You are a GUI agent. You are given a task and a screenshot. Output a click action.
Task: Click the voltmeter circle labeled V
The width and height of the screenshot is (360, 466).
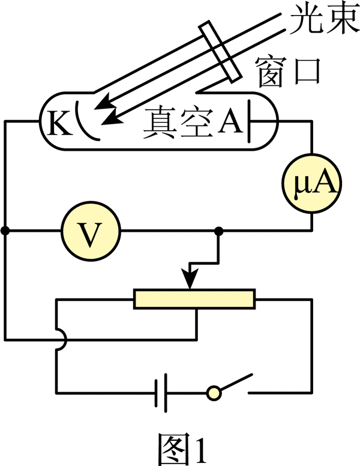(x=91, y=230)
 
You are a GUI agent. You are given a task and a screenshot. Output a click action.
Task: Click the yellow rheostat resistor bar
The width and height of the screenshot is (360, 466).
(x=195, y=298)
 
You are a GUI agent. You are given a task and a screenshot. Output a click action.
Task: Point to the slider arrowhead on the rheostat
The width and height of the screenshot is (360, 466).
(x=190, y=280)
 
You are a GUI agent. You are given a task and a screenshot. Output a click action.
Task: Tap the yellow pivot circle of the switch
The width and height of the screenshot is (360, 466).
(x=213, y=393)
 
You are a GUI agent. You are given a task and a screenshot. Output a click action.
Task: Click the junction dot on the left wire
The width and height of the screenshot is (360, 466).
(x=5, y=231)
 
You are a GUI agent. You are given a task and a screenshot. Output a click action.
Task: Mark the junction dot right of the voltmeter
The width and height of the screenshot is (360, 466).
(x=219, y=231)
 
